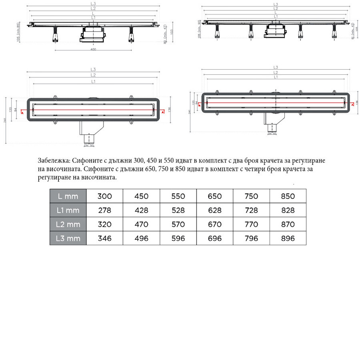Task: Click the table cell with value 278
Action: coord(104,210)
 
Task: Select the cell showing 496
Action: coord(141,238)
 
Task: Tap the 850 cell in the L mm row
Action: coord(288,196)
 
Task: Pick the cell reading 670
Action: coord(215,224)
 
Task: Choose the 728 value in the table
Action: coord(251,210)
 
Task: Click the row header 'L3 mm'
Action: coord(68,238)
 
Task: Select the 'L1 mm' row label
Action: coord(68,210)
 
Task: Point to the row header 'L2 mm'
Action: coord(68,224)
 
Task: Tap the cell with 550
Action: coord(178,196)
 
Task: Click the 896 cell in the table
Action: coord(288,238)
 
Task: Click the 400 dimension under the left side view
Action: coord(93,49)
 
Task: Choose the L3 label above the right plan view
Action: coord(275,67)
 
